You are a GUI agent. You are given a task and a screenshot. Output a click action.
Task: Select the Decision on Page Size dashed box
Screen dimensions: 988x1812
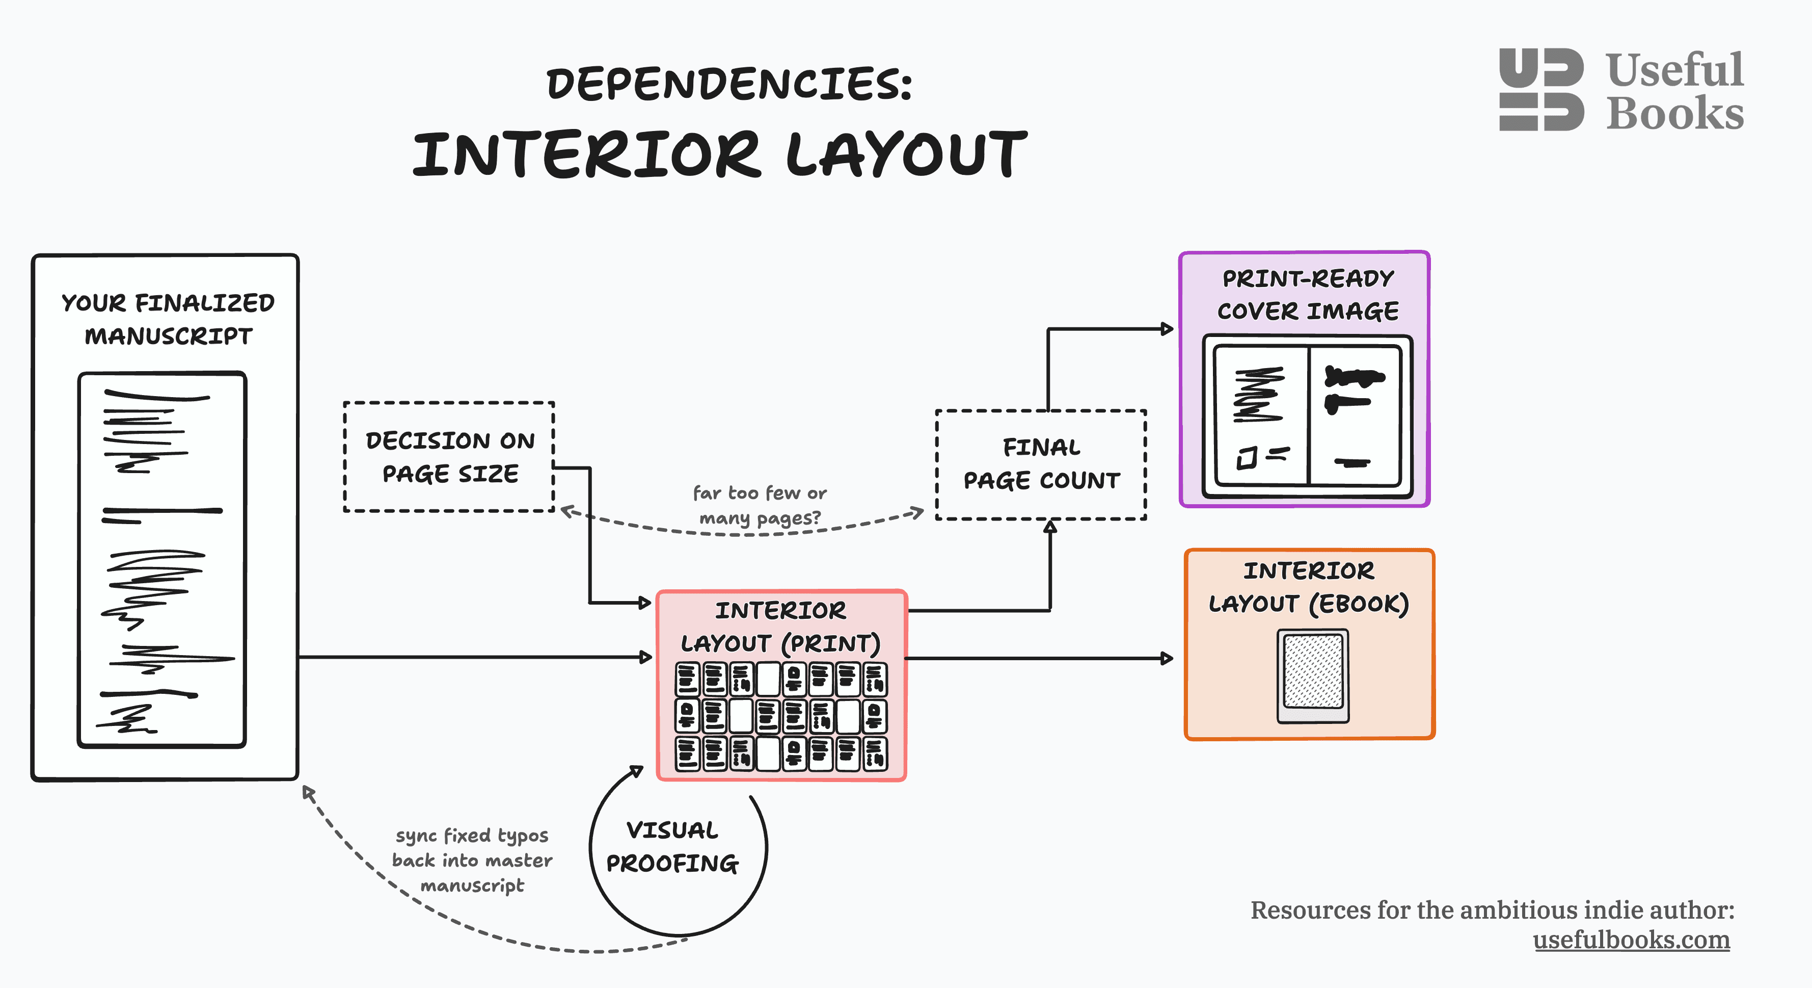pyautogui.click(x=449, y=457)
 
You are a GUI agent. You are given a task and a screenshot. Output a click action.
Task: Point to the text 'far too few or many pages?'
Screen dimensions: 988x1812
pyautogui.click(x=759, y=505)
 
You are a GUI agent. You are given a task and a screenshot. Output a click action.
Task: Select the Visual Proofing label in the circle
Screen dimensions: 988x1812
pyautogui.click(x=672, y=847)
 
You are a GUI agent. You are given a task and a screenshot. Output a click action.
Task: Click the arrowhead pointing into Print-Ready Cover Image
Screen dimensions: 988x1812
pyautogui.click(x=1167, y=329)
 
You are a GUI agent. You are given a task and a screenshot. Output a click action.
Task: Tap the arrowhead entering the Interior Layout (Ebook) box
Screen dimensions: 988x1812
pyautogui.click(x=1167, y=659)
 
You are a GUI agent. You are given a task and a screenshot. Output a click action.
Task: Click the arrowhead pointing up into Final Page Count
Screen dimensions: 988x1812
pyautogui.click(x=1050, y=527)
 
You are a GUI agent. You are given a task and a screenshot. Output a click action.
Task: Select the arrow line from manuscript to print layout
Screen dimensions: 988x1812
pyautogui.click(x=471, y=657)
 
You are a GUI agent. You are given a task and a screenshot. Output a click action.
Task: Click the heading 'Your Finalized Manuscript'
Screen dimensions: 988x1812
pyautogui.click(x=168, y=320)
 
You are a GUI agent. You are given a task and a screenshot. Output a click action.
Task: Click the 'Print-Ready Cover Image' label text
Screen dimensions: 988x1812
pyautogui.click(x=1308, y=295)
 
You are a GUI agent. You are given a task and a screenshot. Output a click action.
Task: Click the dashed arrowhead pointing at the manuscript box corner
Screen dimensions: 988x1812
pyautogui.click(x=307, y=793)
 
